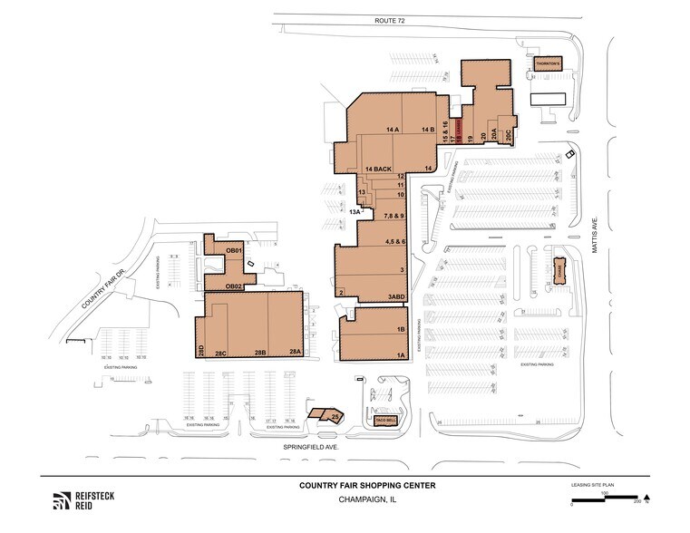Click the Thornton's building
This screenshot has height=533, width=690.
click(x=548, y=65)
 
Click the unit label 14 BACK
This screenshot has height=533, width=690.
click(x=379, y=170)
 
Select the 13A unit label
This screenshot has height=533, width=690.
click(x=356, y=211)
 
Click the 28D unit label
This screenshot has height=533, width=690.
click(x=201, y=350)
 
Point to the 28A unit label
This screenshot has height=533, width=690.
click(x=294, y=353)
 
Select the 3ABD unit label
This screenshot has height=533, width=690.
click(x=396, y=297)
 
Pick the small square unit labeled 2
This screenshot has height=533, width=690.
click(x=341, y=293)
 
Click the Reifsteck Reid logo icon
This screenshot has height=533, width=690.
click(x=62, y=499)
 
